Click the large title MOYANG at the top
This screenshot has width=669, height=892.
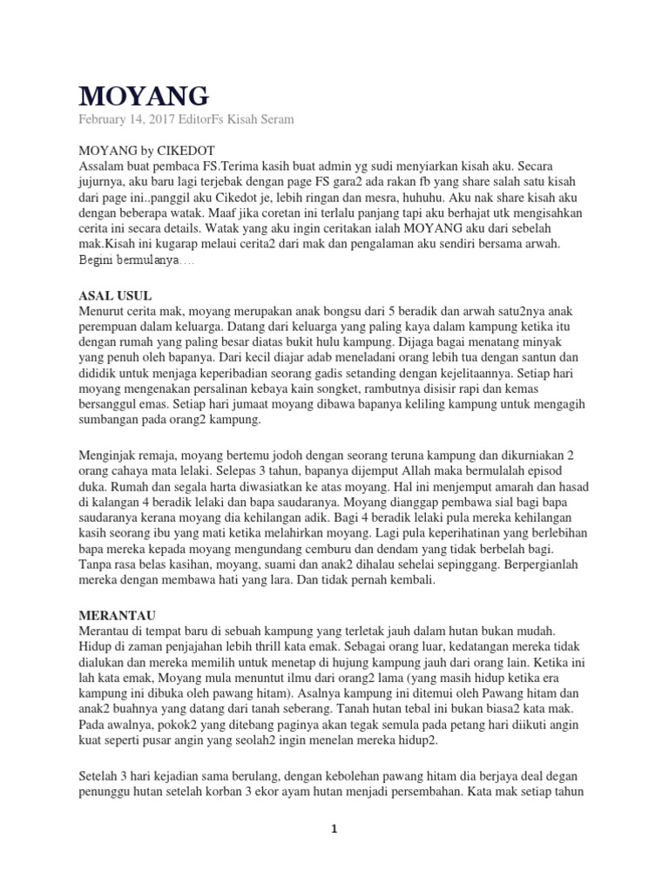pyautogui.click(x=144, y=95)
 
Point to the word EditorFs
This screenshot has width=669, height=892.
pyautogui.click(x=204, y=119)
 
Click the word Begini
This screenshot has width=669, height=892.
pyautogui.click(x=99, y=260)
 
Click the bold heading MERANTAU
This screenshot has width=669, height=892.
pyautogui.click(x=116, y=612)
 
